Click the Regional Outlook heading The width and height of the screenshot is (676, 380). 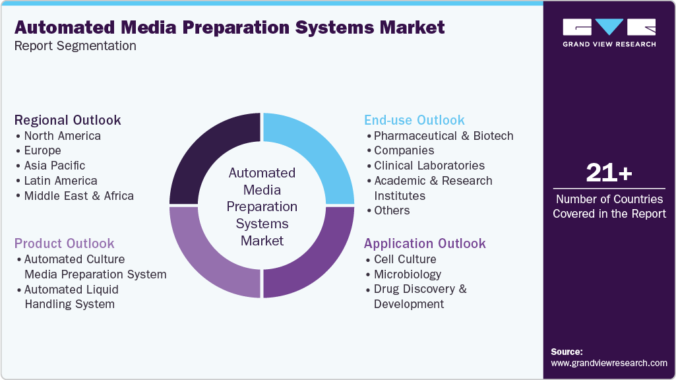(67, 120)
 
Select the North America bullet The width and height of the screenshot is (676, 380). (62, 136)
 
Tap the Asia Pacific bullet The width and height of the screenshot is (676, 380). (54, 166)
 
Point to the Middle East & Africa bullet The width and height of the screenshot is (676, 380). (78, 196)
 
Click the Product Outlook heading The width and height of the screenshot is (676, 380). (64, 243)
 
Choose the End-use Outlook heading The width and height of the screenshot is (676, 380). (414, 120)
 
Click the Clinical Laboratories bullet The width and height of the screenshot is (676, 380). (429, 166)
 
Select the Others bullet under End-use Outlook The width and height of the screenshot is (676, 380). (392, 210)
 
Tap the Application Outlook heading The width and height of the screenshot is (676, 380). (425, 243)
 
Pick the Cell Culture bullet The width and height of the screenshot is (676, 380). (405, 259)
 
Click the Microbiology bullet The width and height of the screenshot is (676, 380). (407, 274)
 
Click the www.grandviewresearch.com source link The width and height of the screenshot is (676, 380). (609, 363)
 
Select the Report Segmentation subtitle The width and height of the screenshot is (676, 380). (75, 46)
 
